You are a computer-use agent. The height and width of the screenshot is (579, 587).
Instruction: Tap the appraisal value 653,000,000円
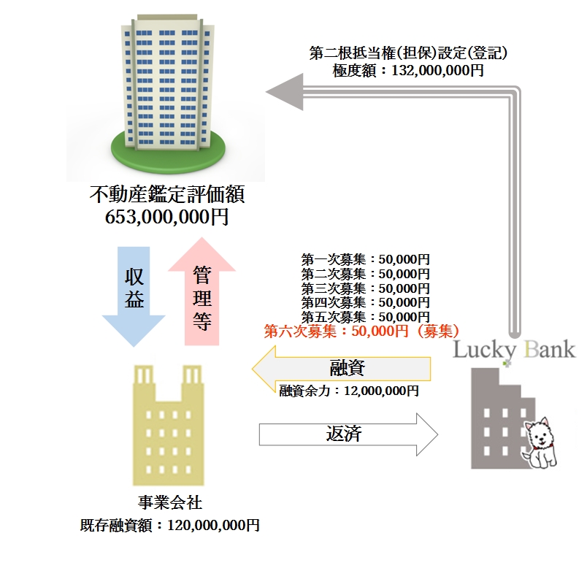point(166,217)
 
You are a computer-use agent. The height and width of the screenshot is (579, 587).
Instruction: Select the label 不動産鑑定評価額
point(166,196)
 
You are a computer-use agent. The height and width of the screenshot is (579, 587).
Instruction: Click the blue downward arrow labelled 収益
point(134,292)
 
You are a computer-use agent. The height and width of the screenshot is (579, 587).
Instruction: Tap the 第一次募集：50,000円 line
point(365,259)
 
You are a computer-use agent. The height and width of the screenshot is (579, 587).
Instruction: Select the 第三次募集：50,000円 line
point(365,288)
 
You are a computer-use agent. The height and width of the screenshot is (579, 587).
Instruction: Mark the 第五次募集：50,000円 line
point(365,317)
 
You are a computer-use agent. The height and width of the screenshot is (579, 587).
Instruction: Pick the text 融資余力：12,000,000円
point(349,391)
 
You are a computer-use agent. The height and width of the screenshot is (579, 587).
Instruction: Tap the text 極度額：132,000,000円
point(408,70)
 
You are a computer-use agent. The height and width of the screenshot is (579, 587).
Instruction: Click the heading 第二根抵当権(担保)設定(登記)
point(408,53)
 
